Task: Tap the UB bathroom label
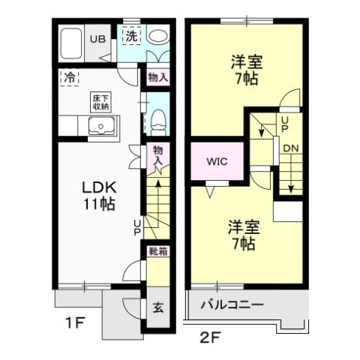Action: pos(98,40)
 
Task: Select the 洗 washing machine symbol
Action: pos(130,36)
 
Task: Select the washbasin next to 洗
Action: pos(157,36)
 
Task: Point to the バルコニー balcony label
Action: pos(232,306)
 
